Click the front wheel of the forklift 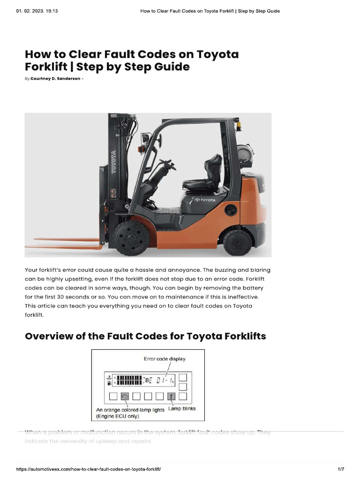click(x=131, y=238)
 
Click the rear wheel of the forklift click(x=238, y=241)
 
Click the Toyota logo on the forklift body click(x=205, y=200)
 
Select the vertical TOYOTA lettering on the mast click(x=113, y=162)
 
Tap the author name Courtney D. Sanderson click(x=55, y=79)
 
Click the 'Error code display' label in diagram click(x=164, y=359)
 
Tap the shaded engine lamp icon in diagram click(x=125, y=396)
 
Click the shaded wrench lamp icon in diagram click(x=171, y=397)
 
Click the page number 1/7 click(x=341, y=469)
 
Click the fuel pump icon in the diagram click(x=109, y=382)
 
